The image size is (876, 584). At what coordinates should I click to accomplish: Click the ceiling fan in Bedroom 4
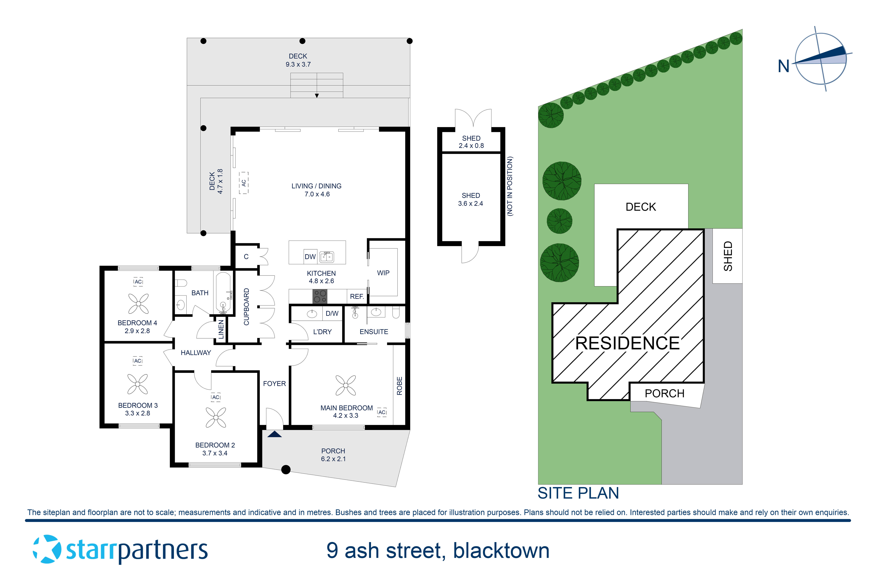tap(138, 304)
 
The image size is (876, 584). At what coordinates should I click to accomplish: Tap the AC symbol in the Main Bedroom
tap(382, 412)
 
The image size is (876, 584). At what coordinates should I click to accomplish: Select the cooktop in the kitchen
tap(320, 297)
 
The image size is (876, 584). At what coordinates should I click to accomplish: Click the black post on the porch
tap(286, 470)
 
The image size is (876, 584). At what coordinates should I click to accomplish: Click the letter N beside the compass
tap(784, 67)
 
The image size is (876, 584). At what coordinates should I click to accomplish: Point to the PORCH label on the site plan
tap(664, 394)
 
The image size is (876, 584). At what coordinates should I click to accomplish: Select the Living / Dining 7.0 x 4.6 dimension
tap(317, 194)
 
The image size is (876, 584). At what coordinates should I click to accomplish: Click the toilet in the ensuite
tap(396, 312)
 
